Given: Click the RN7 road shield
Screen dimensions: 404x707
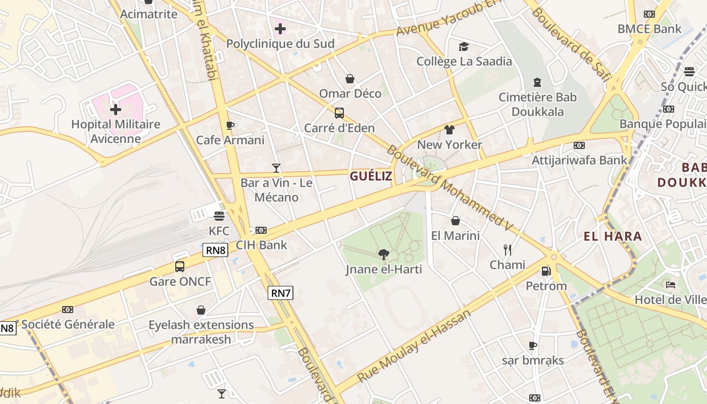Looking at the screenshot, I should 280,293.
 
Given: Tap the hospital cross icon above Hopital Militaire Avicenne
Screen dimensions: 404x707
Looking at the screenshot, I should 116,109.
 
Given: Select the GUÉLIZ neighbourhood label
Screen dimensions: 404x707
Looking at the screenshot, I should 371,176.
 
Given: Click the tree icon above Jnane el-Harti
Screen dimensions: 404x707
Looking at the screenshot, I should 384,255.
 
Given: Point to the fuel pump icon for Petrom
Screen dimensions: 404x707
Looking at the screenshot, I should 546,271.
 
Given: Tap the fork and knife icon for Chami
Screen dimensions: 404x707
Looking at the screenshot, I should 508,249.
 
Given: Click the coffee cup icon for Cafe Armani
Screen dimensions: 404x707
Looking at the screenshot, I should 230,125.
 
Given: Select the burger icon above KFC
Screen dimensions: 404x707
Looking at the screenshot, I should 219,216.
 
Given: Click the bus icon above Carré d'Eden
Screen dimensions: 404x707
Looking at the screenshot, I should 339,113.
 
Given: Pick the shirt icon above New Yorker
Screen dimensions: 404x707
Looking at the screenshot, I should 449,130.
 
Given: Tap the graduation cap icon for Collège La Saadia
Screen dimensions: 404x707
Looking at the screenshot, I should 464,47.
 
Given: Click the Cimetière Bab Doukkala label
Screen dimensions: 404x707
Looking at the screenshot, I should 537,104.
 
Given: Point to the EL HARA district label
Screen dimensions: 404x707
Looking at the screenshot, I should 613,236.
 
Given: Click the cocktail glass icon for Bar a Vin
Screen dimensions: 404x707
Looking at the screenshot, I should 276,168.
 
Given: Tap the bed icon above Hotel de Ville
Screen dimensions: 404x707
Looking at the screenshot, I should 671,285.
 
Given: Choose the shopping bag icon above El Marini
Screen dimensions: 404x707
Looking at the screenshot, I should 455,221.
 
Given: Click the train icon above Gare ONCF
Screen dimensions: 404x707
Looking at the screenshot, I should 180,267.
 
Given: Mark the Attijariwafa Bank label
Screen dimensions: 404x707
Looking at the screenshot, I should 579,160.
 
